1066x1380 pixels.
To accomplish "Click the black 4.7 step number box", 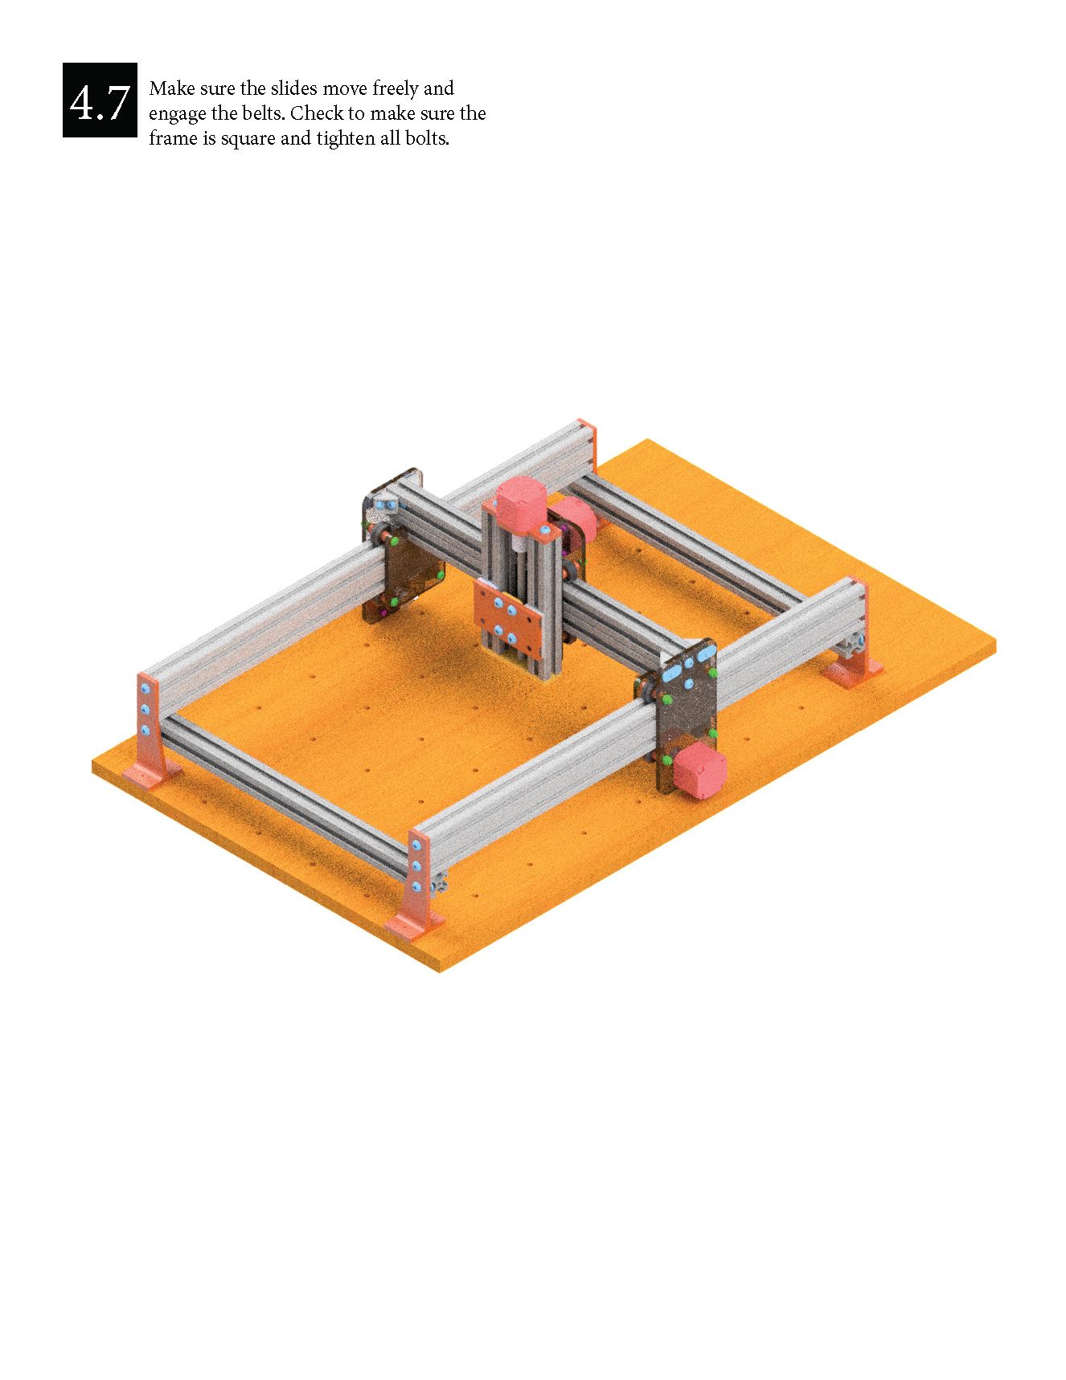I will [100, 100].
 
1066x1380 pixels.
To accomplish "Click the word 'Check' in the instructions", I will [316, 113].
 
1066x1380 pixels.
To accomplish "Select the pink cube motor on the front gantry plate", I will [699, 771].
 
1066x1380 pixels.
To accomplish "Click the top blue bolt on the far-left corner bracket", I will [145, 691].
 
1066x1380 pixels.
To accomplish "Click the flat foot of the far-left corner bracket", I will [149, 774].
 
